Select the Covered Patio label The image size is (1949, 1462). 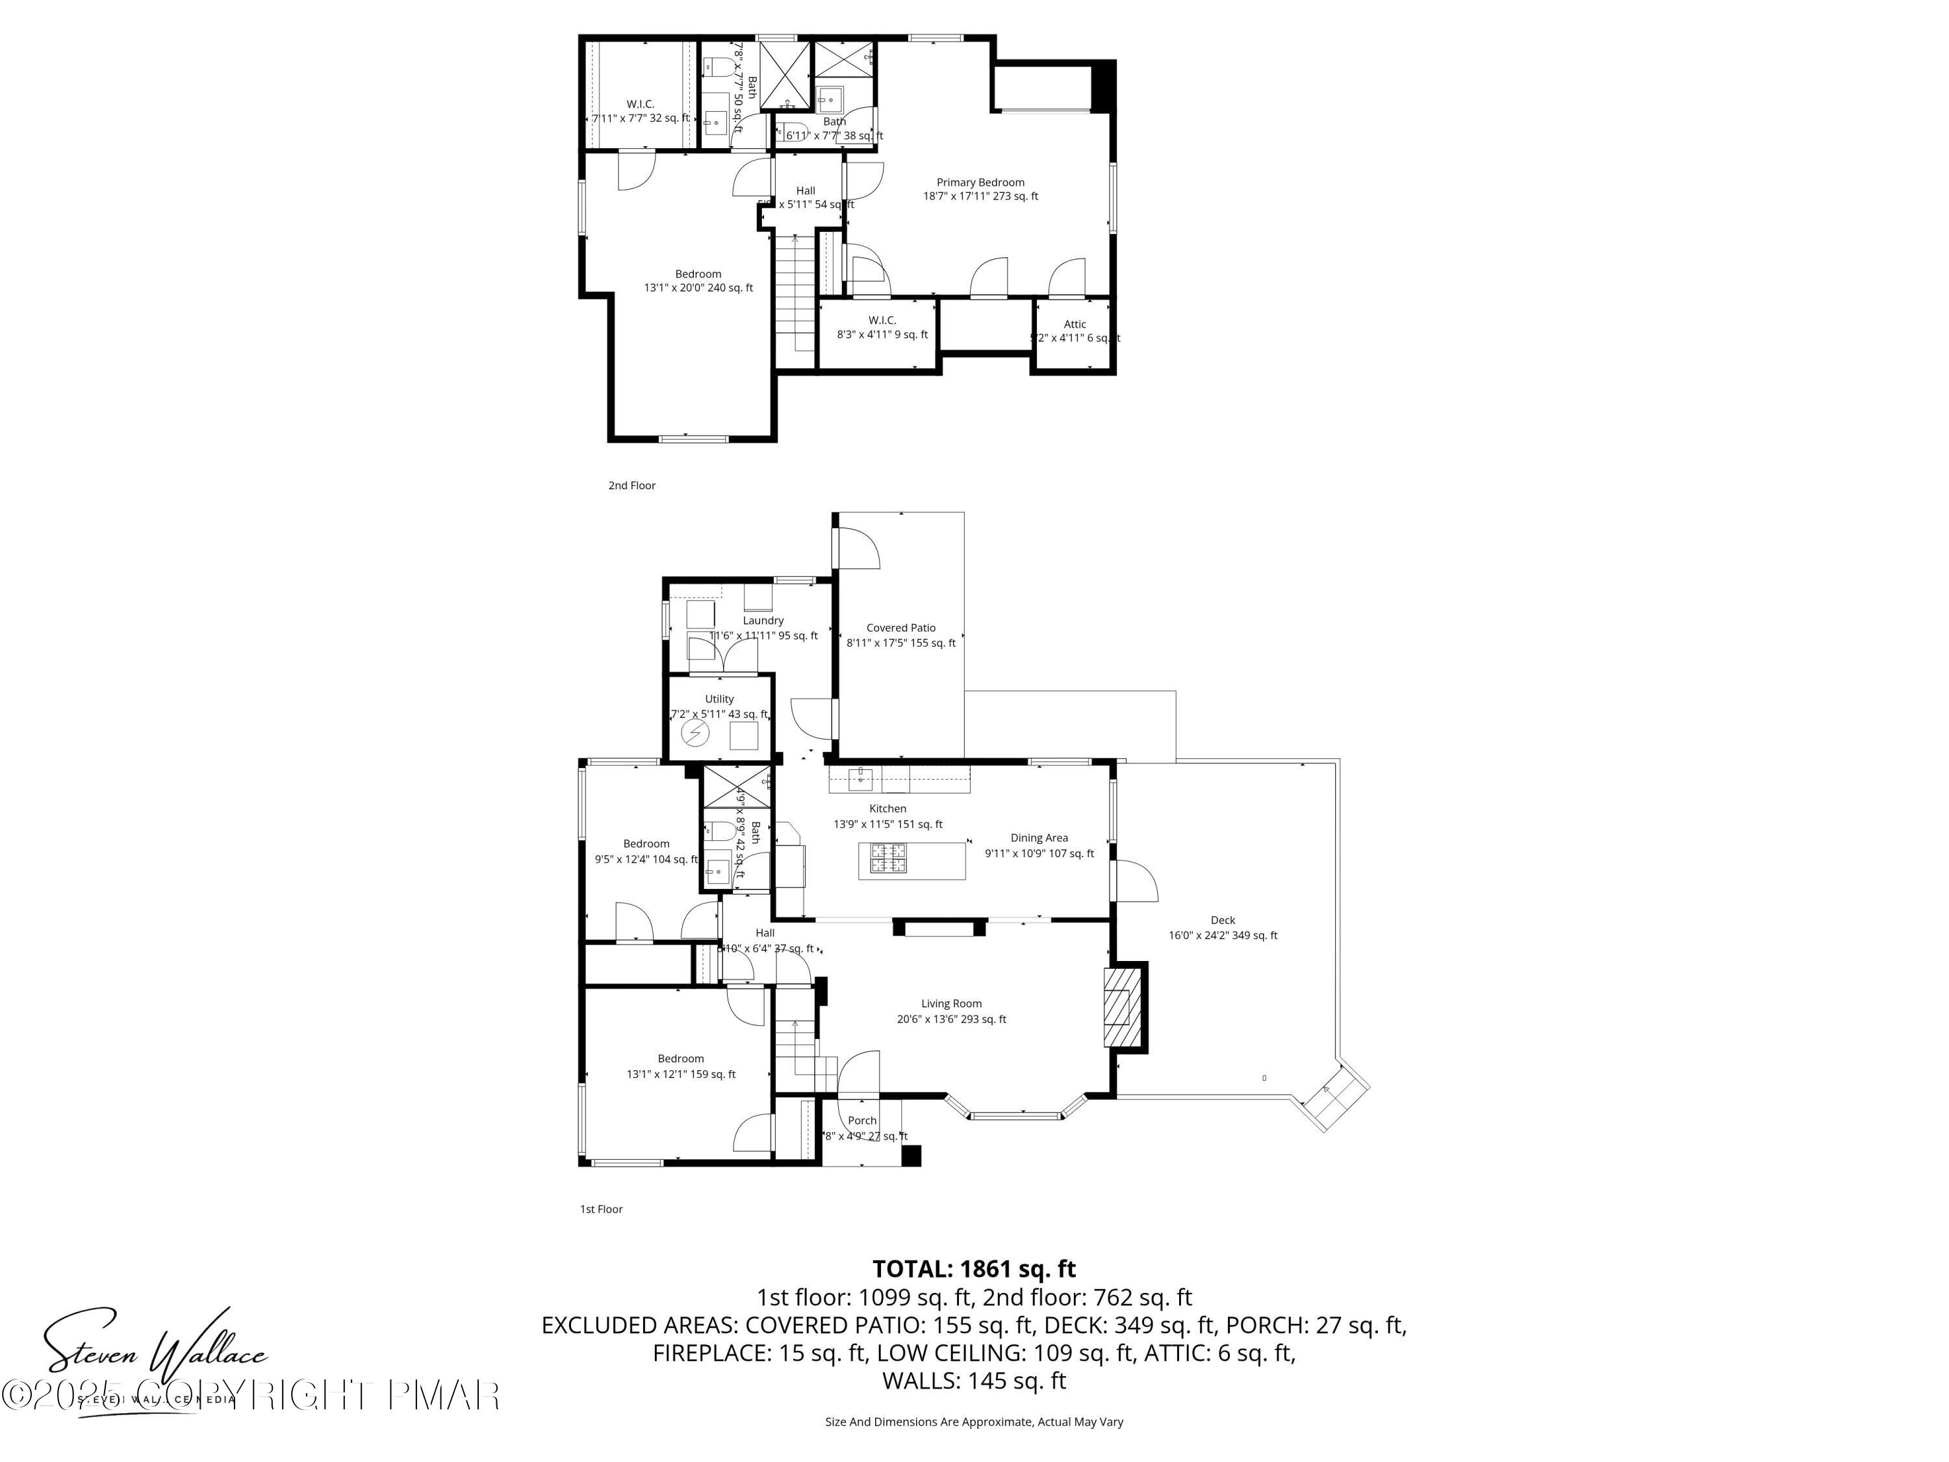tap(900, 628)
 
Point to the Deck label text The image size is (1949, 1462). tap(1222, 920)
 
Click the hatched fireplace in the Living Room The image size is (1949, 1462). tap(1120, 1008)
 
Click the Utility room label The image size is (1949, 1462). tap(719, 699)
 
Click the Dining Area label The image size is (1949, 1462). tap(1039, 838)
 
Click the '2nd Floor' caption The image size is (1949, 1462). tap(631, 485)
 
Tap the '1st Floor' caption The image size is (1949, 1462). tap(601, 1209)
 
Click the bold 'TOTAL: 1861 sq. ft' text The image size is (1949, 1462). tap(974, 1269)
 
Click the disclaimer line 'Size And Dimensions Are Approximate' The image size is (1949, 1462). tap(974, 1422)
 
